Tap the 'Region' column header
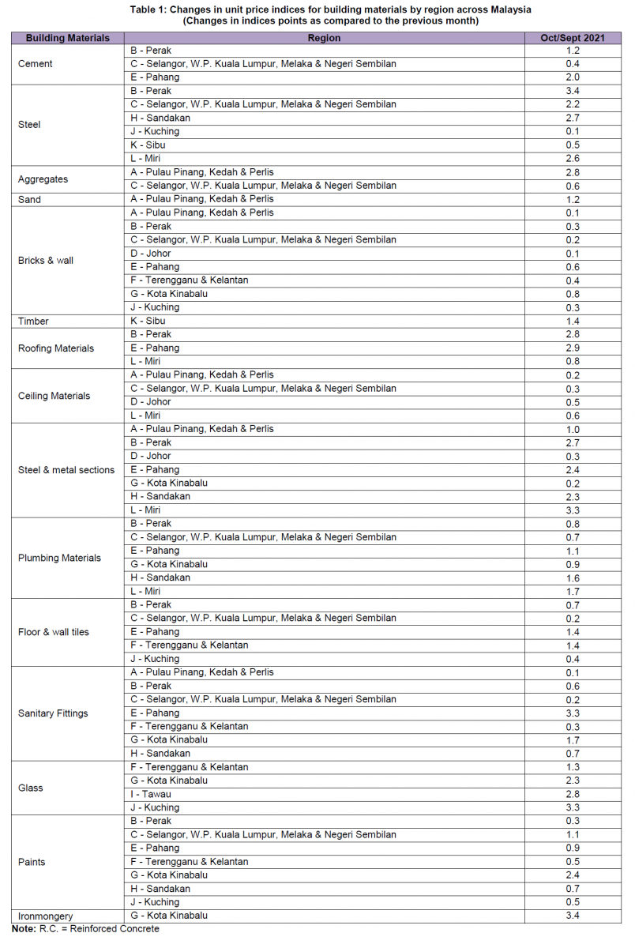(x=324, y=38)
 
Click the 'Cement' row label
(x=35, y=64)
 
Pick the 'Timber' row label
(x=33, y=322)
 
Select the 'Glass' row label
(x=30, y=788)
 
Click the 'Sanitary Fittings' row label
(x=53, y=713)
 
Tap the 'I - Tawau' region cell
(x=151, y=794)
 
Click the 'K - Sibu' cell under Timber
(x=148, y=322)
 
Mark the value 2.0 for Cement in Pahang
(x=573, y=77)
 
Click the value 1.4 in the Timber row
(x=573, y=322)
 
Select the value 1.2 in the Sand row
(x=573, y=200)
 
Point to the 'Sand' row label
(x=29, y=200)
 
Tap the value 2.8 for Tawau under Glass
(x=573, y=794)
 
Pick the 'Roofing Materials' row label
(x=56, y=348)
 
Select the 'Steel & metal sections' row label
(x=66, y=470)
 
